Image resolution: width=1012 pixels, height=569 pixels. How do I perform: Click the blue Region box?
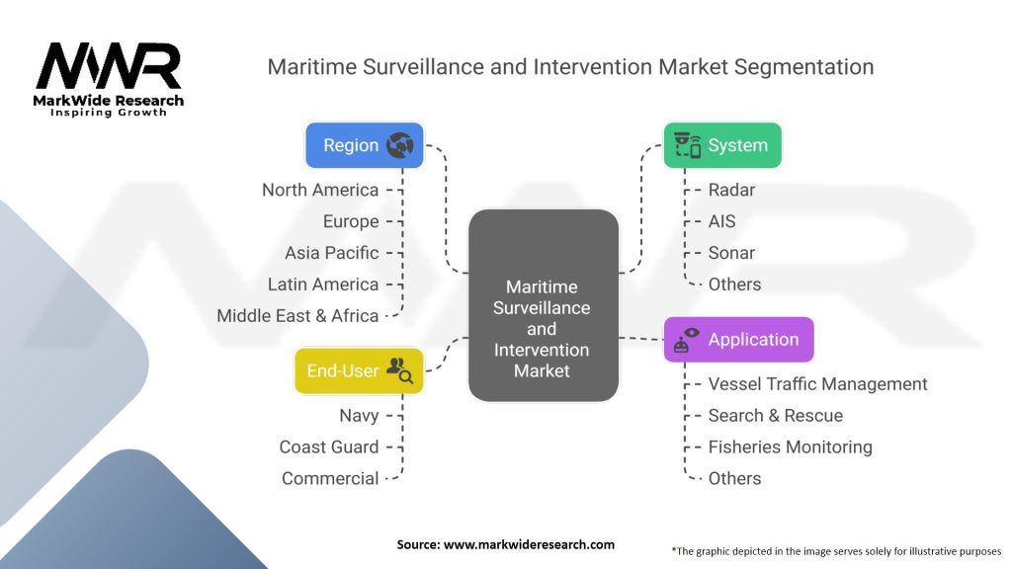(x=365, y=145)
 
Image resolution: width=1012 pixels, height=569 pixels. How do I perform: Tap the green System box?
(x=722, y=145)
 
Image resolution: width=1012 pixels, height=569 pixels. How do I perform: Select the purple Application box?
(x=739, y=340)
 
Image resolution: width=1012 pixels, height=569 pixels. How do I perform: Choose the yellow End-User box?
(x=359, y=371)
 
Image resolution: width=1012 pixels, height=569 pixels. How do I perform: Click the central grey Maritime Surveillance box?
(x=544, y=305)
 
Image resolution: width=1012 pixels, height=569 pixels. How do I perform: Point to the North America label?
(x=320, y=190)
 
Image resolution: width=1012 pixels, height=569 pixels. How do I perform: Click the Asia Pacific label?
(x=332, y=253)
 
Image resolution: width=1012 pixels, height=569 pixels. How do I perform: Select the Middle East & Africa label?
(x=297, y=316)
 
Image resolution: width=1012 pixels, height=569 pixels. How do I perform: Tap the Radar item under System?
(x=731, y=190)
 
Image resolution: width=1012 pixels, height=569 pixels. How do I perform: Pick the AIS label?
(x=721, y=221)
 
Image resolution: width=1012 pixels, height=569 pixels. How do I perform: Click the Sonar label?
(x=731, y=253)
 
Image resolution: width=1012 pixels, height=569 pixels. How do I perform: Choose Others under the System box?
(x=734, y=284)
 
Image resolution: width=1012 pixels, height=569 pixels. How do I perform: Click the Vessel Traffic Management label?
(x=817, y=384)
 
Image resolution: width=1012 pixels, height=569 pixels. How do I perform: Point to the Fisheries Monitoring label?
(x=790, y=447)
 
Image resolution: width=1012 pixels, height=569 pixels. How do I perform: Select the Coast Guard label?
(x=329, y=447)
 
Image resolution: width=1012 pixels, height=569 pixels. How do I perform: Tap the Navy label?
(x=359, y=416)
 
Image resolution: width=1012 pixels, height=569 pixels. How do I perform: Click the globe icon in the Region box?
(x=400, y=145)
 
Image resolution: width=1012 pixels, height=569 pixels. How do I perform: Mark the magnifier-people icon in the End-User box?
(x=399, y=370)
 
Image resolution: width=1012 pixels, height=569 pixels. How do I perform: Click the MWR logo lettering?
(x=109, y=66)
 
